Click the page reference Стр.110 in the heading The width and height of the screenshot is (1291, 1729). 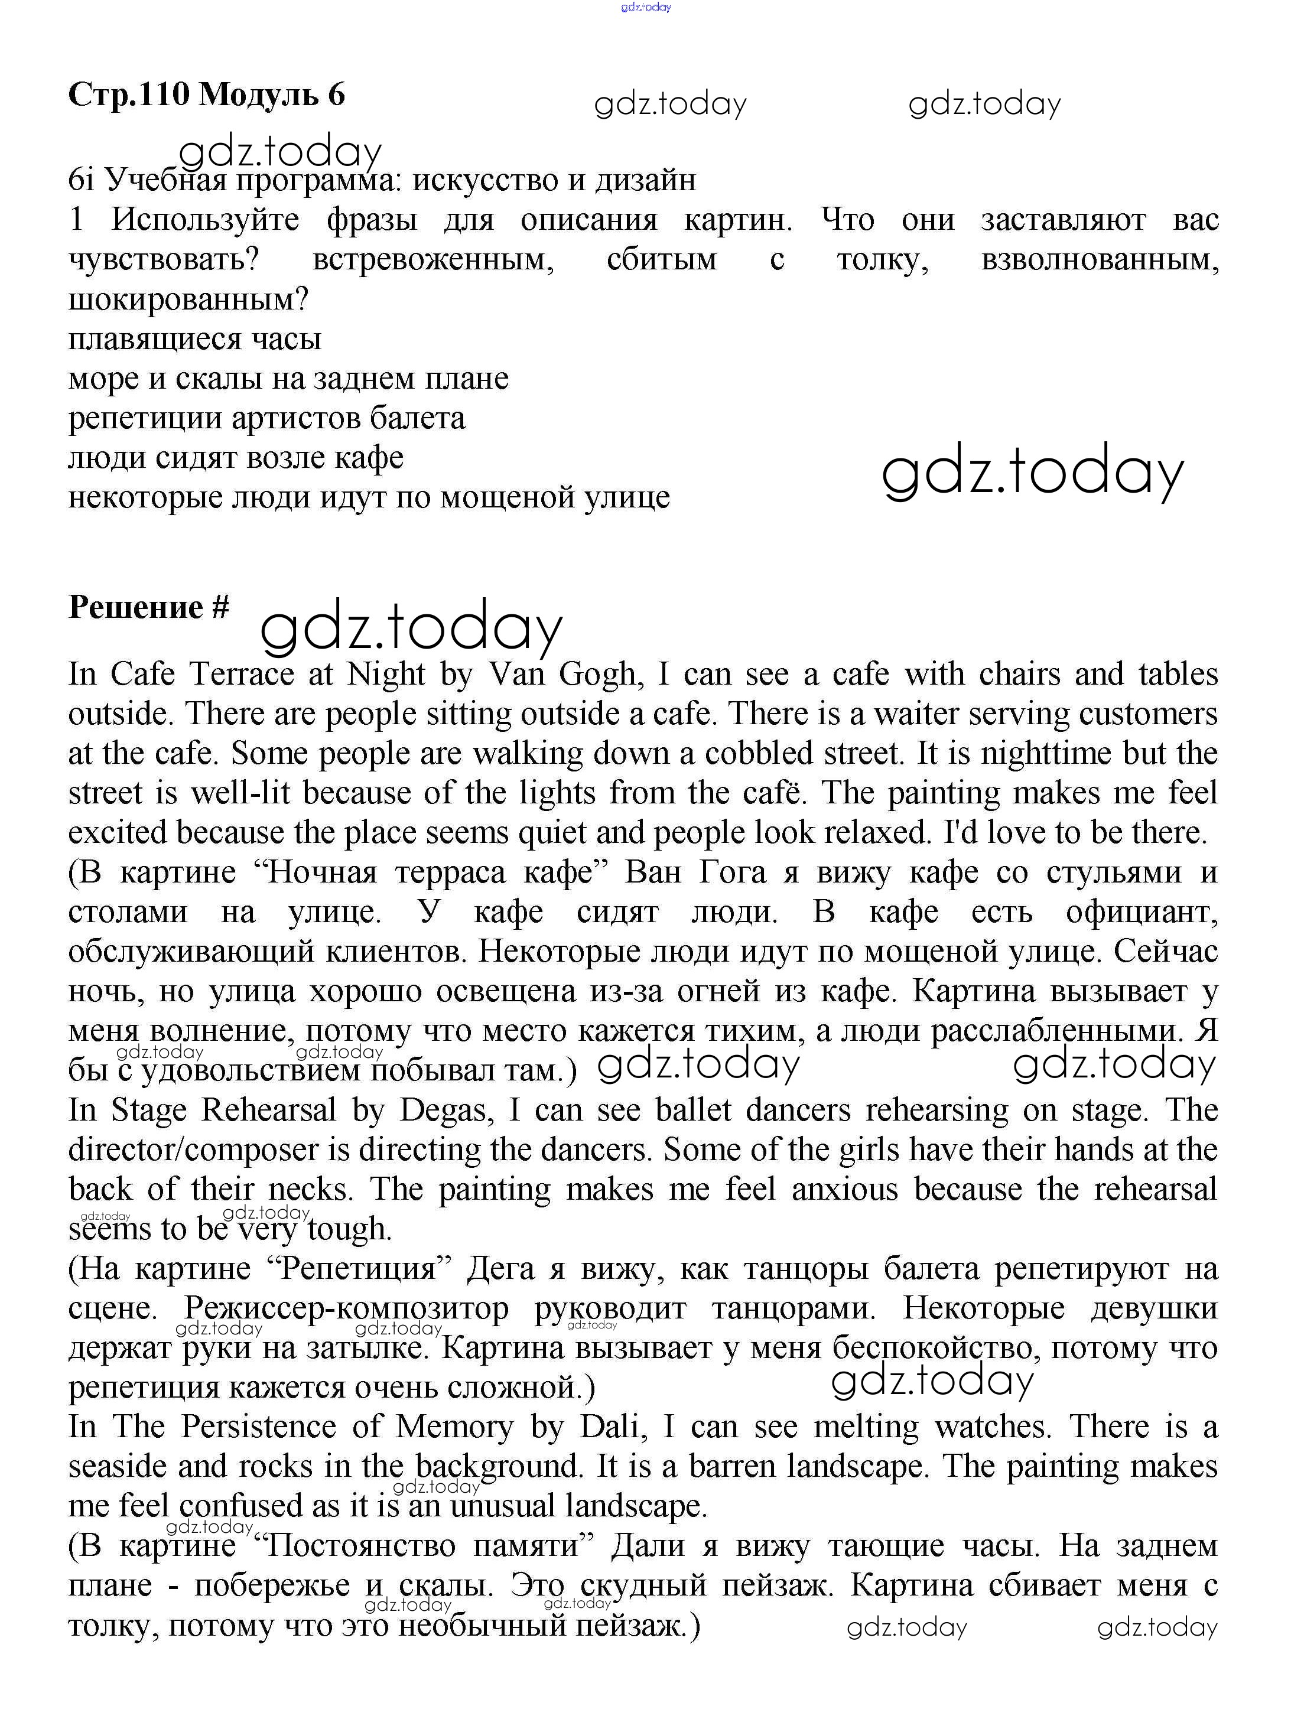coord(129,95)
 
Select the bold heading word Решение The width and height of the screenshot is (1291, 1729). coord(136,607)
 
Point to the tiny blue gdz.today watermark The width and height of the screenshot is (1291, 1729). coord(645,7)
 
